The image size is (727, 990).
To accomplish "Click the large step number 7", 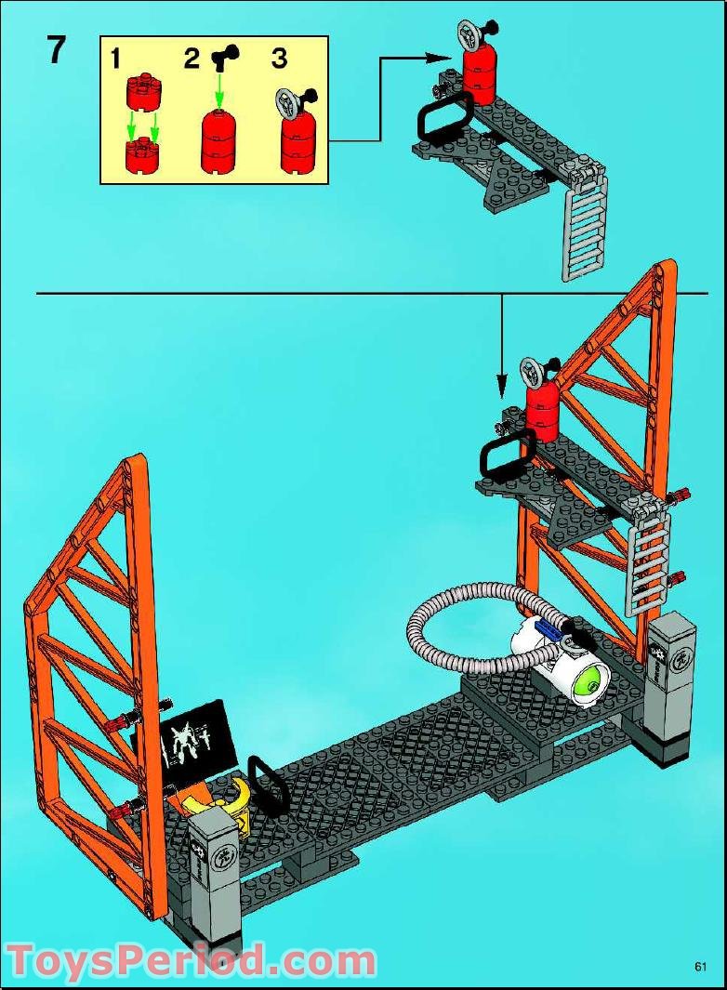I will [57, 50].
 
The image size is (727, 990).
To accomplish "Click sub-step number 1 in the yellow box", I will [115, 59].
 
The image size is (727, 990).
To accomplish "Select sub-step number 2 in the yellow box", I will [191, 59].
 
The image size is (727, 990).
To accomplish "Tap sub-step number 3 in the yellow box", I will [279, 59].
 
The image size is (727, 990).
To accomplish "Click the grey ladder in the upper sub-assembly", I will [584, 228].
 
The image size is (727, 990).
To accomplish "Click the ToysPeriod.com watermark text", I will [191, 960].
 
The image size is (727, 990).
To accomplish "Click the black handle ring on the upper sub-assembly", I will [441, 124].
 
